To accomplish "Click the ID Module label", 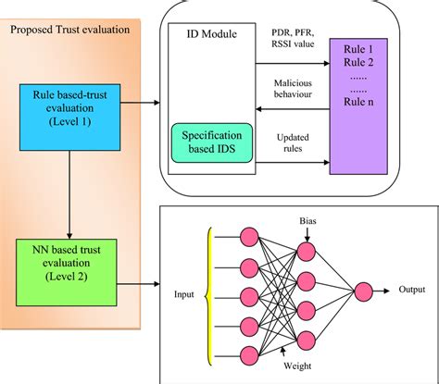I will [211, 34].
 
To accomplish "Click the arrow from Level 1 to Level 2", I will [70, 186].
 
